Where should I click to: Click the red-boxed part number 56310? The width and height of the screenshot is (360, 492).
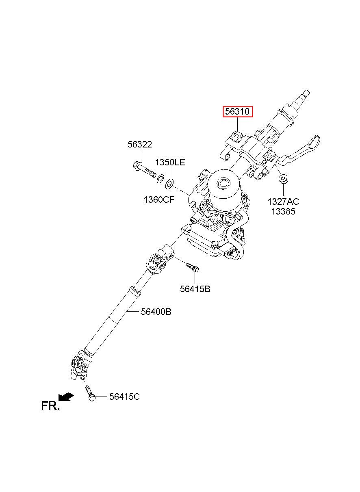tap(238, 112)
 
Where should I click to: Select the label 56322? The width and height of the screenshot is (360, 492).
tap(140, 145)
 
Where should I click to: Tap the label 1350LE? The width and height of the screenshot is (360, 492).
tap(170, 163)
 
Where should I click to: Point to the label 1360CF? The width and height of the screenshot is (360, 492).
tap(159, 199)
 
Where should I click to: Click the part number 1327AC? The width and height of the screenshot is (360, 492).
tap(283, 202)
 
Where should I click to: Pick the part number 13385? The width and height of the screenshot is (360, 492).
tap(283, 212)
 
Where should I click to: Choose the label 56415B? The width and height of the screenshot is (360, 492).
tap(195, 289)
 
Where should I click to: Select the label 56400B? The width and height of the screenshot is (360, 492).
tap(156, 312)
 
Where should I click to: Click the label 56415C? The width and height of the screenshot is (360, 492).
tap(125, 397)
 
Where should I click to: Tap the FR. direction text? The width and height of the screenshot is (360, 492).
tap(50, 406)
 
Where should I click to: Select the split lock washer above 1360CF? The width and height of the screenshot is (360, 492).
tap(160, 178)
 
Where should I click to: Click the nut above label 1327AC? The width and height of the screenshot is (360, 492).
tap(284, 179)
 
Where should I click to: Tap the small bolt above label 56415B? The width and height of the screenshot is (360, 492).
tap(193, 267)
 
